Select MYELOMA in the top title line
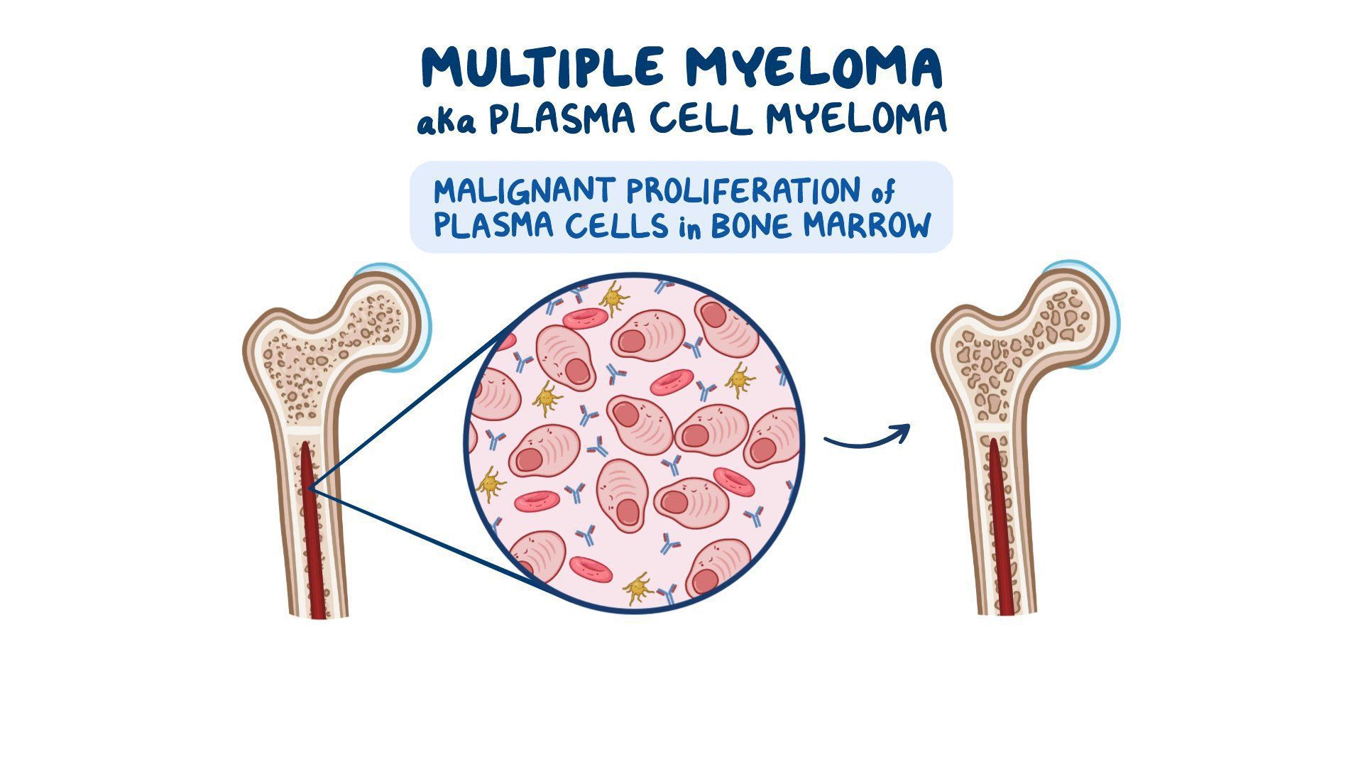click(x=813, y=67)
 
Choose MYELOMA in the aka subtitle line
click(x=855, y=119)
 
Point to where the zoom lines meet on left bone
click(x=310, y=489)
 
